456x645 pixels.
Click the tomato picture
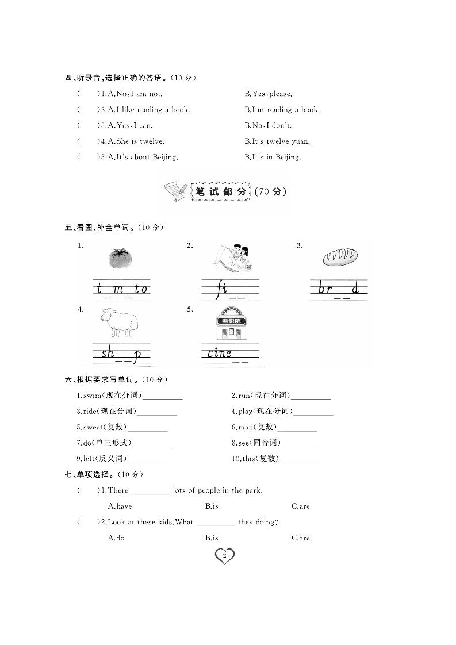(x=120, y=258)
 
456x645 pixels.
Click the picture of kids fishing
(x=231, y=258)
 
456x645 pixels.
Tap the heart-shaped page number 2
(x=224, y=555)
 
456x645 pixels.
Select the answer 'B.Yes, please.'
(x=268, y=94)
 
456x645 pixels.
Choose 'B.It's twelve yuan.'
(x=277, y=141)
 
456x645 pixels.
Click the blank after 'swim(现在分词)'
(x=162, y=396)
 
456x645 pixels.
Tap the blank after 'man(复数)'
(x=297, y=428)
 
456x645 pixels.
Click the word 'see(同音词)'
(x=256, y=443)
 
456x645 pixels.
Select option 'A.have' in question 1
(x=120, y=506)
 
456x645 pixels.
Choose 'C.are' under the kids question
(x=300, y=538)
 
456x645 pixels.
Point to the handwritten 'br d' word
(x=339, y=289)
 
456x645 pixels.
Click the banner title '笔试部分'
(x=221, y=191)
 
